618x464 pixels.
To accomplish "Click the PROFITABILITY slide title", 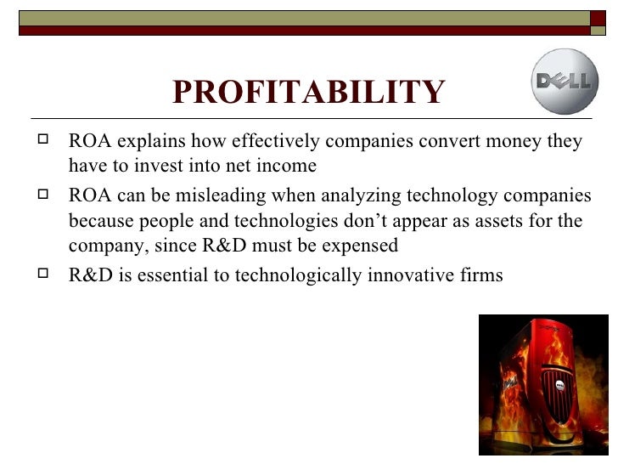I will [x=308, y=93].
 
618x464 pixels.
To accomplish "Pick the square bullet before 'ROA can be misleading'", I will [x=50, y=196].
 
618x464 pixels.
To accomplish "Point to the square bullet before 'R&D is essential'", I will [x=50, y=275].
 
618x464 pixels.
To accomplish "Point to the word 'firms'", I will [x=480, y=275].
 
